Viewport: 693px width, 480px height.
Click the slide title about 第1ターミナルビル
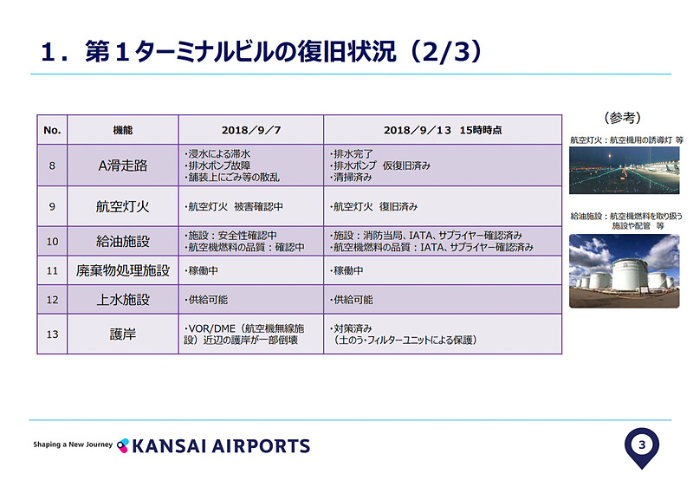[x=262, y=52]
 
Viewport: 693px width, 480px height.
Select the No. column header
[x=52, y=130]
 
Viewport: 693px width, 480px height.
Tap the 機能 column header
[x=123, y=130]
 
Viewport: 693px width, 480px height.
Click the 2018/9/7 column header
[x=251, y=130]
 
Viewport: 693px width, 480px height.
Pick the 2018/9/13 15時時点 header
[x=443, y=130]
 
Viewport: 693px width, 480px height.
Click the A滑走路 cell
[x=123, y=165]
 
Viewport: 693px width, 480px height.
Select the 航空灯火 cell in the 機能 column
[x=123, y=206]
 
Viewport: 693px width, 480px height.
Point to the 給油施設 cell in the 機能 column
[x=123, y=242]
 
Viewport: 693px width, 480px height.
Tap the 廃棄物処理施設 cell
[x=123, y=270]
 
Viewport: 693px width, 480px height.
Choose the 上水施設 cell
[x=123, y=300]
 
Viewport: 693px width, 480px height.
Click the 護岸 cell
[x=123, y=334]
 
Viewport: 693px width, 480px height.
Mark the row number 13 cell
[x=52, y=334]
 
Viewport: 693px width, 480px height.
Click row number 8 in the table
[x=52, y=165]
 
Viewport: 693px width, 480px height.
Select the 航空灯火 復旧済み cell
[x=373, y=206]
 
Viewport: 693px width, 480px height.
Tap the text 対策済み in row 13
[x=351, y=328]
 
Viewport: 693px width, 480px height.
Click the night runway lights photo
[x=624, y=170]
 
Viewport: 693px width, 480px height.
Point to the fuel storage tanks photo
[x=624, y=271]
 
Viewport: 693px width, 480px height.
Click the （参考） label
[x=622, y=118]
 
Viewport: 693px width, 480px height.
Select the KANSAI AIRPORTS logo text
[x=221, y=446]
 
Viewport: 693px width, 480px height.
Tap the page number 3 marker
[x=642, y=444]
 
